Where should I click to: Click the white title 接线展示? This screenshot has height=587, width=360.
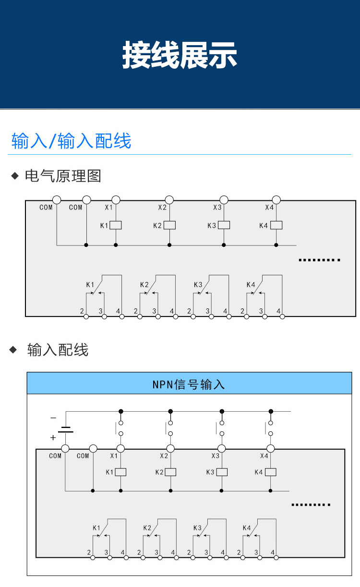point(180,55)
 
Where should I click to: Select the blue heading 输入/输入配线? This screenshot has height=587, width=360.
point(71,141)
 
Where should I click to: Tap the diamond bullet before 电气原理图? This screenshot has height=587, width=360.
point(14,176)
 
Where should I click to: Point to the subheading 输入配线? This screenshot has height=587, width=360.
point(58,350)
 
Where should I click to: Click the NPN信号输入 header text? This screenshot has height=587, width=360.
point(189,384)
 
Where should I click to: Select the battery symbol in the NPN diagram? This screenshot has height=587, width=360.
point(66,429)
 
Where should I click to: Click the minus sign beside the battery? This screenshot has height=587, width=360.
point(53,418)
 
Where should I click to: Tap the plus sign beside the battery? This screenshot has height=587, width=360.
point(53,438)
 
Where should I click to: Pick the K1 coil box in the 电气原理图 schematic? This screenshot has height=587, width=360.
point(116,225)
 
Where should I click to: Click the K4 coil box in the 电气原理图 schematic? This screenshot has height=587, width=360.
point(276,225)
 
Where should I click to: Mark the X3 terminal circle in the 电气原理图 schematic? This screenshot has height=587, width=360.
point(223,200)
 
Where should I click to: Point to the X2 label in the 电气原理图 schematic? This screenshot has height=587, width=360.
point(162,208)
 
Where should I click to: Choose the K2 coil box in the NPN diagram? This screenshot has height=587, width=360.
point(170,472)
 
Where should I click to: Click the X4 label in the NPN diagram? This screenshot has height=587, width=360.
point(264,456)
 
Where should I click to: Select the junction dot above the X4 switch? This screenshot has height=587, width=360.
point(271,411)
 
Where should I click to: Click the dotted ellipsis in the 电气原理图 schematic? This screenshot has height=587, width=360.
point(319,260)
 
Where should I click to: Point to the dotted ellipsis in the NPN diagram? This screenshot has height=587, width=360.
point(311,505)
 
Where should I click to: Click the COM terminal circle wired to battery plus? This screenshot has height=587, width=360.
point(66,449)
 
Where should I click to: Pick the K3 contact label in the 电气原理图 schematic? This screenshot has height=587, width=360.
point(198,284)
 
